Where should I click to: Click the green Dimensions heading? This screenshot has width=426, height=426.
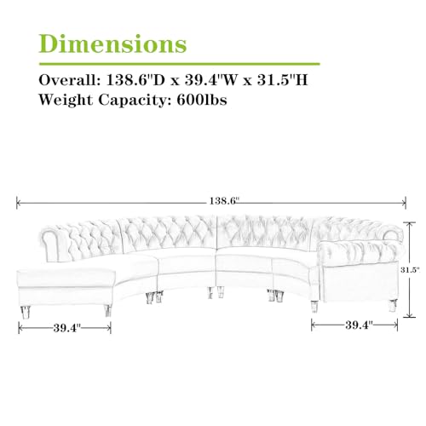(112, 43)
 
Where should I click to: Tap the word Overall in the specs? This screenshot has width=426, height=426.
(69, 80)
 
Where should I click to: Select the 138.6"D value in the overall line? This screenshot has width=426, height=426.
(135, 80)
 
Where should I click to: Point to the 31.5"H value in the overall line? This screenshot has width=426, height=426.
(283, 80)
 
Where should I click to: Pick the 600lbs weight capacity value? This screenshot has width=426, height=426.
(202, 100)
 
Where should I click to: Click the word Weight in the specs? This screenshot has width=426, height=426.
(66, 100)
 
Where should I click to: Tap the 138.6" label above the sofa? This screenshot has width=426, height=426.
(222, 201)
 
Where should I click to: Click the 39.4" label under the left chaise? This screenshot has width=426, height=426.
(67, 328)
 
